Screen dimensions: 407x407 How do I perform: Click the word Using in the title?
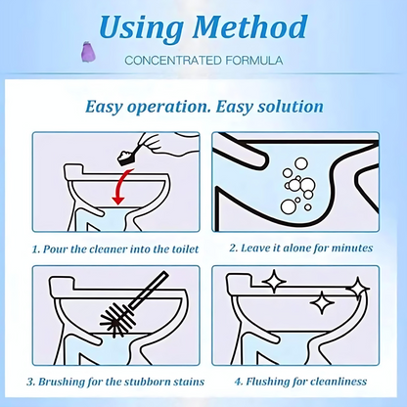(141, 28)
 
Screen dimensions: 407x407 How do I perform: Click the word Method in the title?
(249, 26)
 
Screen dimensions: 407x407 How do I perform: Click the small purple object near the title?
(87, 52)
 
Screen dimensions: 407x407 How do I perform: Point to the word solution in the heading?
(291, 107)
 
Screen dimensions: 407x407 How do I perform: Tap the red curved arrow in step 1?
(121, 186)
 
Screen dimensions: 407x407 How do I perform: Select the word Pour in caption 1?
(56, 249)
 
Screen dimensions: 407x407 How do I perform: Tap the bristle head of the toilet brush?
(117, 319)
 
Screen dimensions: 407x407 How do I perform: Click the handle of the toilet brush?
(149, 291)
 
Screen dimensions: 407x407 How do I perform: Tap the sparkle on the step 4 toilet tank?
(274, 281)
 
